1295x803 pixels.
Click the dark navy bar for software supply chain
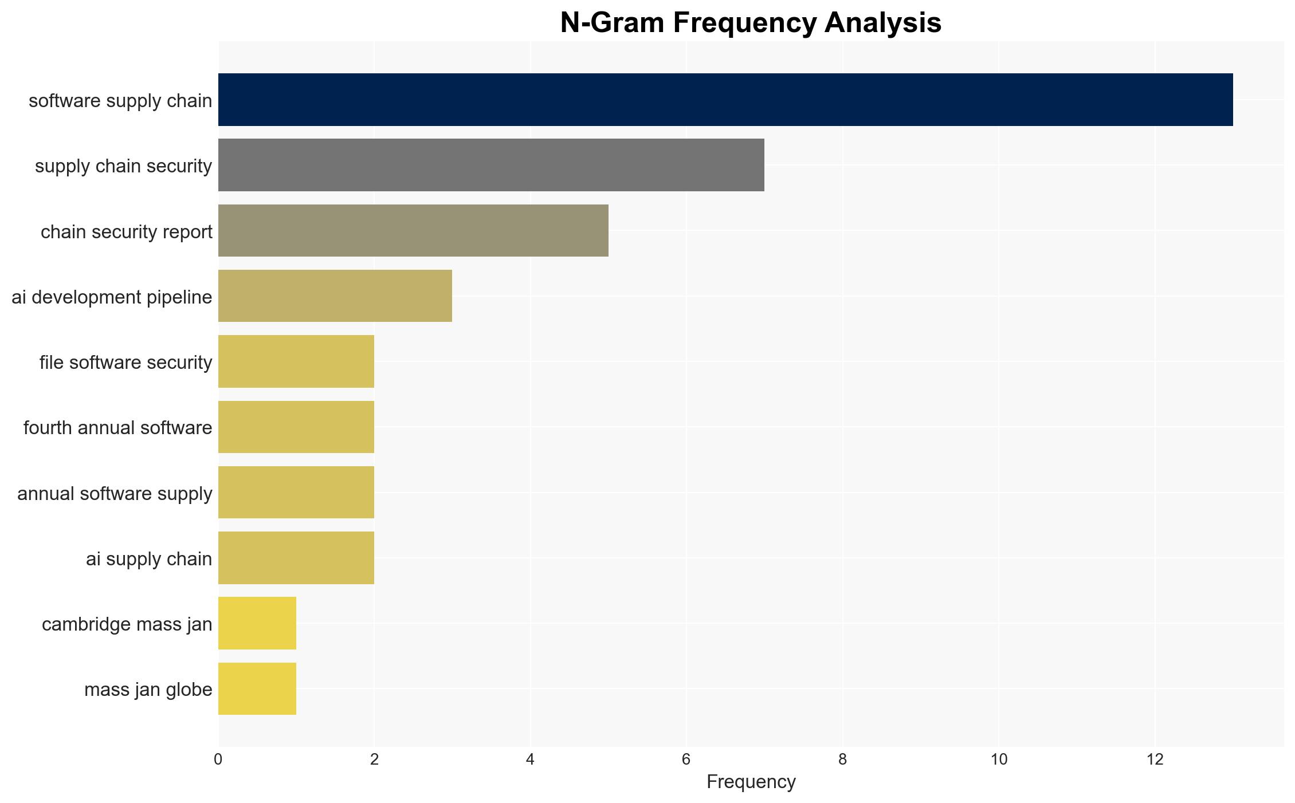tap(725, 100)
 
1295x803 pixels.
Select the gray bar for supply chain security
tap(491, 165)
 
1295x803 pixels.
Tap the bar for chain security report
tap(413, 231)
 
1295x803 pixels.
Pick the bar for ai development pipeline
tap(335, 296)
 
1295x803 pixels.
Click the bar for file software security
tap(296, 361)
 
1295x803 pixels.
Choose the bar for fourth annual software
tap(296, 427)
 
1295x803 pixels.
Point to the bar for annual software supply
tap(296, 493)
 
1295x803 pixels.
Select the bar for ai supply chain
tap(296, 558)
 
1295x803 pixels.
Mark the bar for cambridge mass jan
tap(257, 623)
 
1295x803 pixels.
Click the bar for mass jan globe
tap(257, 689)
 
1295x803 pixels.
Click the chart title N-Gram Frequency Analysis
tap(751, 23)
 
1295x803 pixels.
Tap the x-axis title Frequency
tap(751, 782)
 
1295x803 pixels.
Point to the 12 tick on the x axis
tap(1155, 759)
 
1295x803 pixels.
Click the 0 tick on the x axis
tap(218, 759)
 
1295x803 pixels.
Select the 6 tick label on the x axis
tap(686, 759)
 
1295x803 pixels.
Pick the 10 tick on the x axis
tap(999, 759)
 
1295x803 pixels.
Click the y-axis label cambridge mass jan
tap(127, 624)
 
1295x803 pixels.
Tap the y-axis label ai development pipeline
tap(112, 297)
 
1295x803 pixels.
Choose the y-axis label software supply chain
tap(120, 101)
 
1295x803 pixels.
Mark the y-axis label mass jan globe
tap(148, 690)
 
